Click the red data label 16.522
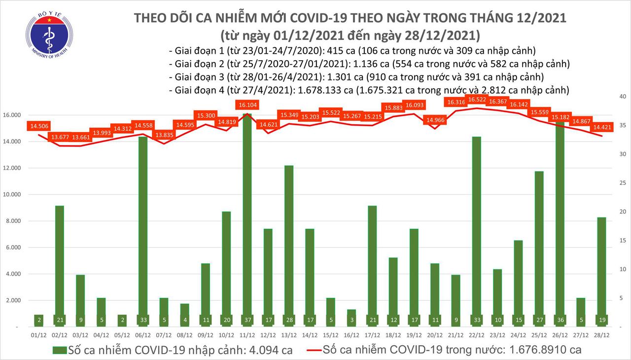pos(477,100)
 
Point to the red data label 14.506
pos(39,126)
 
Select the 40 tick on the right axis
pos(622,96)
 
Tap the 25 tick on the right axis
pos(622,183)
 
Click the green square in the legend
pos(59,351)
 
